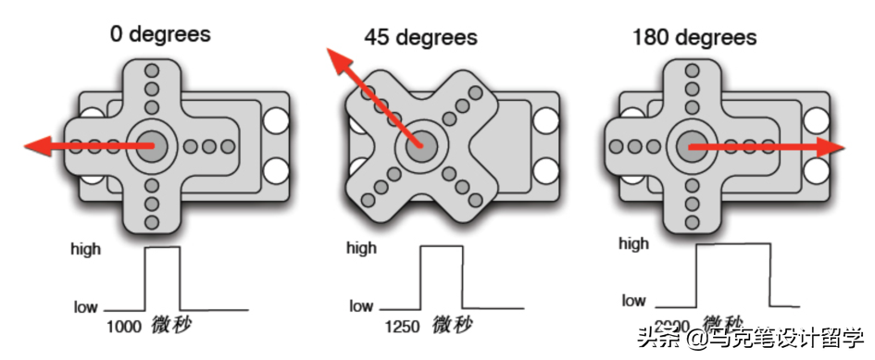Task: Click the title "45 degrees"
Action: pos(420,38)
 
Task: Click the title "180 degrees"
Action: pos(694,37)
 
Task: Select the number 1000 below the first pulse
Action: pos(123,327)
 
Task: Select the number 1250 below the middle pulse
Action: pos(403,327)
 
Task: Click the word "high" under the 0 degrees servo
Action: pos(86,248)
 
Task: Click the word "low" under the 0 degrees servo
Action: pos(86,306)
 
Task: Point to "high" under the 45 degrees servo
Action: pos(361,248)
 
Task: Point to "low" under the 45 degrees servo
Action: pos(361,306)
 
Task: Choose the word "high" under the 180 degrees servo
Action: pos(634,244)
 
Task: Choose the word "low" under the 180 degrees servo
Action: pos(634,301)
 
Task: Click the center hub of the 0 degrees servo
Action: pos(149,144)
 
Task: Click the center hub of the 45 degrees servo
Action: pos(419,145)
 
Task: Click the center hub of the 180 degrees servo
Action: pos(691,145)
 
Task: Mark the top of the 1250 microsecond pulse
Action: pos(441,246)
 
